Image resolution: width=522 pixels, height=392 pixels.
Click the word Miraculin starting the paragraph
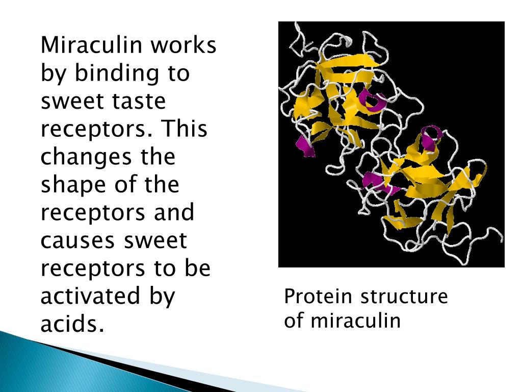tap(91, 45)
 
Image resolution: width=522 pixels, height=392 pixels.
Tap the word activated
tap(89, 296)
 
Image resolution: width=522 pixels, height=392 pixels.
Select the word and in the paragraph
tap(174, 212)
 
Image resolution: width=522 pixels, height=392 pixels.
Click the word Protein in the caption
tap(319, 297)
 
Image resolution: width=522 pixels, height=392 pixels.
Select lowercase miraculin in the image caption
tap(356, 321)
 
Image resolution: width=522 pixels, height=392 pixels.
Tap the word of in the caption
tap(294, 321)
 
